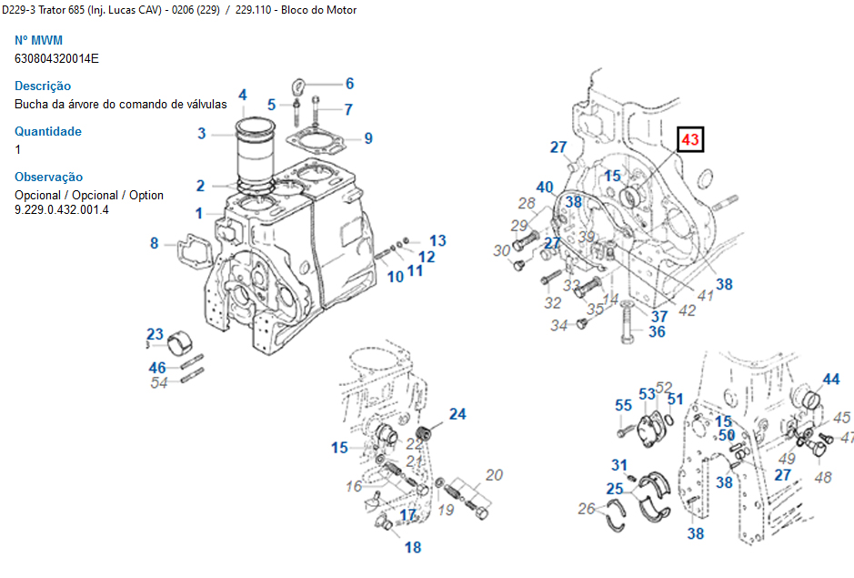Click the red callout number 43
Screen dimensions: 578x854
point(690,139)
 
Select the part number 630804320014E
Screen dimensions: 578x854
point(56,58)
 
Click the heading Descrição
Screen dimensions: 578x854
point(43,86)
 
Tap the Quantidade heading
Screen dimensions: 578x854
point(48,131)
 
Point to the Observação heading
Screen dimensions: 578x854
point(48,177)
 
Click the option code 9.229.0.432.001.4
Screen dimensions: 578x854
point(62,209)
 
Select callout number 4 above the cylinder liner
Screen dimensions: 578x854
point(243,96)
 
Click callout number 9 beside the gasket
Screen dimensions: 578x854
point(368,138)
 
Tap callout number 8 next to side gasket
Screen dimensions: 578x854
point(155,243)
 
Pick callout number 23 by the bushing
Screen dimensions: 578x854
point(155,334)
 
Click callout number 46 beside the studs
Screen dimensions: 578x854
point(158,368)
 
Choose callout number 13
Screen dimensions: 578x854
point(438,240)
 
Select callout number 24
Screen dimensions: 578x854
point(457,414)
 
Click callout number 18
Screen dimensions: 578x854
point(413,547)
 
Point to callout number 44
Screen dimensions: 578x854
point(831,379)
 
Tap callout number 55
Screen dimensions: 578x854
point(623,405)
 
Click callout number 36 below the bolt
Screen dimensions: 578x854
point(657,332)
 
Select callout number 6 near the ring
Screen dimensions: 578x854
point(349,84)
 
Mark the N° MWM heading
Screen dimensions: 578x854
point(38,40)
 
